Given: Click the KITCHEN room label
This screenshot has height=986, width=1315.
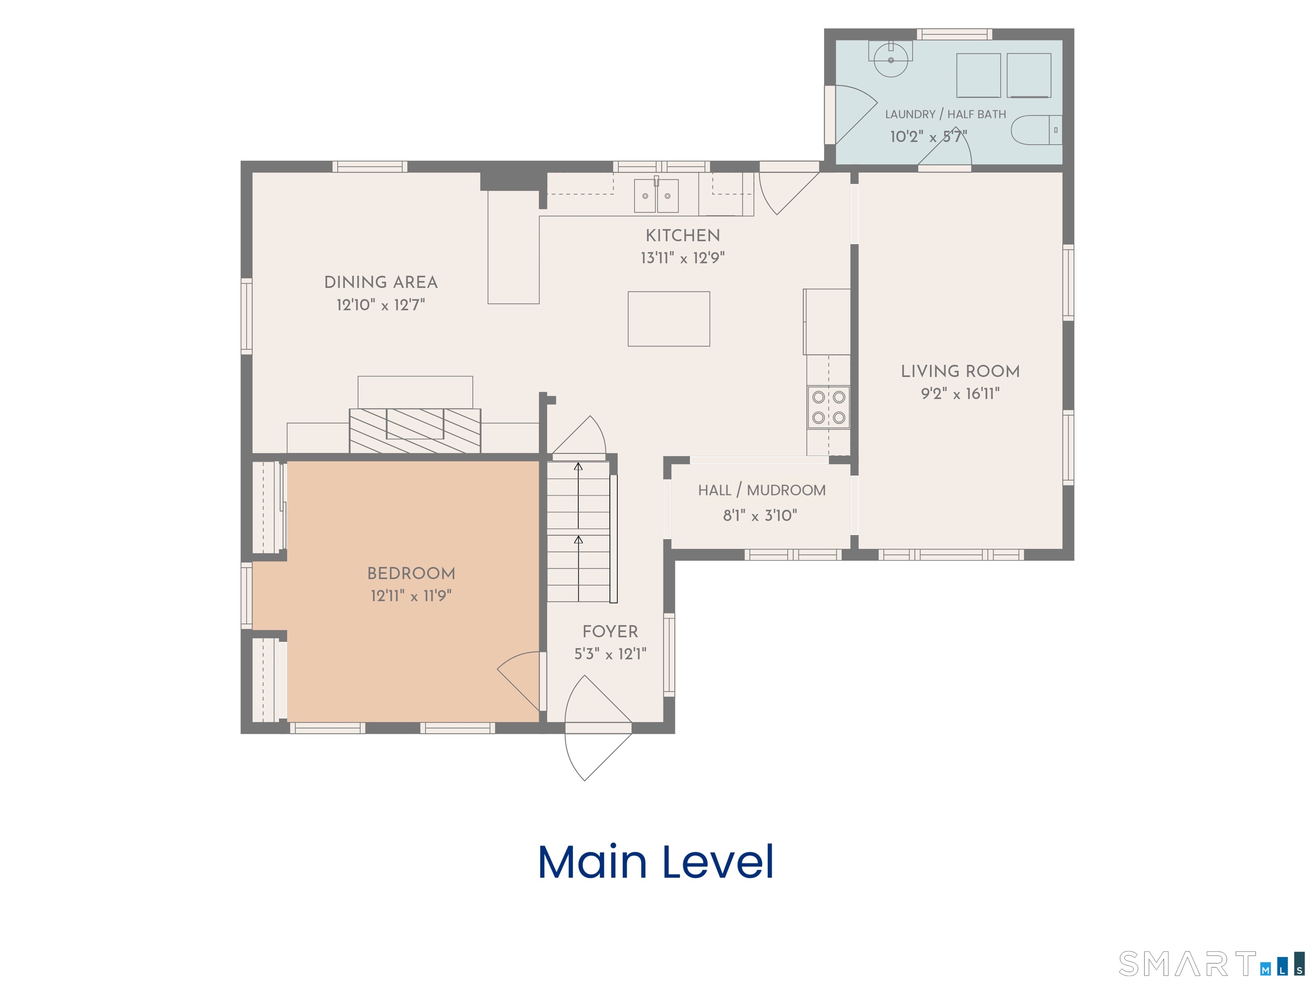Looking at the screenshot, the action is (x=682, y=236).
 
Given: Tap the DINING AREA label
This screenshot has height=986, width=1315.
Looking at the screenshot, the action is (x=381, y=282).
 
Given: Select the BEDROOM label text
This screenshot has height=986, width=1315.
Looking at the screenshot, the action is (x=411, y=573).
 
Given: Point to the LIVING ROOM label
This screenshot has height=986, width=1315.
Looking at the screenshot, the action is (x=960, y=371).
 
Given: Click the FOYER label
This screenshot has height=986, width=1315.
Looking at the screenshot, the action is (x=610, y=631).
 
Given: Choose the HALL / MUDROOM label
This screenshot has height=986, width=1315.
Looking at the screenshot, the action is (x=762, y=490).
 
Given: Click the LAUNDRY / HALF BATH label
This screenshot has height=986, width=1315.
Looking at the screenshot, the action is (x=945, y=114).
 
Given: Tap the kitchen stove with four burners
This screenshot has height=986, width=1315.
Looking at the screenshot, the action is (x=828, y=407).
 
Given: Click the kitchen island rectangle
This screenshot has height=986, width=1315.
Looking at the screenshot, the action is (x=669, y=318).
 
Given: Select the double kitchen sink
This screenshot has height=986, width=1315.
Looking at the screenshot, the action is (x=656, y=195).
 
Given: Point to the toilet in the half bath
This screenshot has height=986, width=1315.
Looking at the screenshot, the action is (x=1037, y=130).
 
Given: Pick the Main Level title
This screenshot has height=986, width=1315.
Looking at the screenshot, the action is (x=656, y=862).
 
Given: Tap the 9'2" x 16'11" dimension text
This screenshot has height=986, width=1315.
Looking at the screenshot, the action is (x=960, y=393).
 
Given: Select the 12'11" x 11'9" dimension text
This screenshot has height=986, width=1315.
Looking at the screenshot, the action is (x=411, y=596).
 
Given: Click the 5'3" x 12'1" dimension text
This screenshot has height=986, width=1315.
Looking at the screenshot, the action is (x=610, y=654).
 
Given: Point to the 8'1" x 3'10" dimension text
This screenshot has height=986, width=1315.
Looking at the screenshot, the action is (x=760, y=515).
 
